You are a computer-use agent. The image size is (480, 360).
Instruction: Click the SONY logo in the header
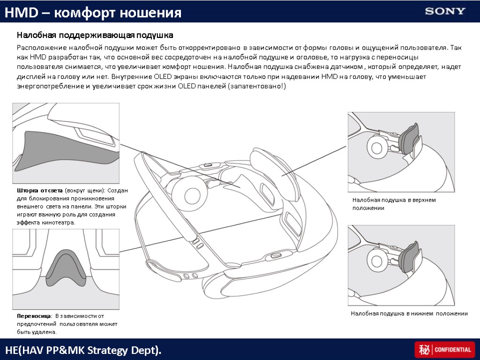pyautogui.click(x=445, y=11)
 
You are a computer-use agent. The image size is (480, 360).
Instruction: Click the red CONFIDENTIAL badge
pyautogui.click(x=444, y=350)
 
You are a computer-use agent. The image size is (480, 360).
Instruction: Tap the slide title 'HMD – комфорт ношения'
pyautogui.click(x=93, y=13)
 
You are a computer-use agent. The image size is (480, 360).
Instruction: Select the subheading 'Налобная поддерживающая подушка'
pyautogui.click(x=95, y=35)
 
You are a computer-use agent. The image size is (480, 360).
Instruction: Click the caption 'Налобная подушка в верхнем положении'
pyautogui.click(x=394, y=204)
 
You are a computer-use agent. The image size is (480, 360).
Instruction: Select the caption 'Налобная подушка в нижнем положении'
pyautogui.click(x=409, y=314)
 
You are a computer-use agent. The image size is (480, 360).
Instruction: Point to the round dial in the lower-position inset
pyautogui.click(x=376, y=257)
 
